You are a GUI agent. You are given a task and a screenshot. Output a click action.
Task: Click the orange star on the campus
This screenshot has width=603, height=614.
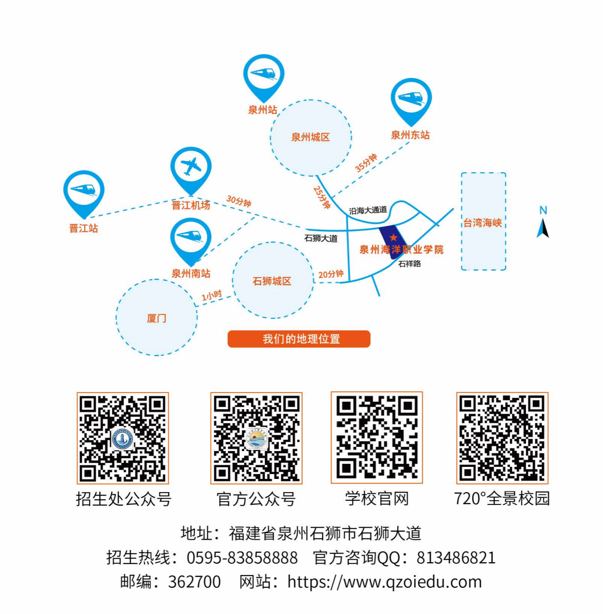(x=393, y=238)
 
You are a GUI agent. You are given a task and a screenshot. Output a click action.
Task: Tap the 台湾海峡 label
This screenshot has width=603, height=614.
(x=482, y=223)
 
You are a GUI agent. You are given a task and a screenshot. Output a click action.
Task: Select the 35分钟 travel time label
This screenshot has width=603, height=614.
(x=366, y=163)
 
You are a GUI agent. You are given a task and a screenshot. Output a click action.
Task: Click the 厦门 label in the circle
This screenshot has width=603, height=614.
(x=157, y=318)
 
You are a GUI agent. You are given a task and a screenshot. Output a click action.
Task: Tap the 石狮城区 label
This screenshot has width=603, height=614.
(x=272, y=281)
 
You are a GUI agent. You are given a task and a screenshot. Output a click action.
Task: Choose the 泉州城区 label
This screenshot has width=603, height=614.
(x=311, y=137)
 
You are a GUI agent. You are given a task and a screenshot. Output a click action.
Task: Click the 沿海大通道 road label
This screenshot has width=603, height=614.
(x=368, y=210)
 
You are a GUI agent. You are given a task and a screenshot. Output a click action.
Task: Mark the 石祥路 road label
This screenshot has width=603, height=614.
(x=410, y=264)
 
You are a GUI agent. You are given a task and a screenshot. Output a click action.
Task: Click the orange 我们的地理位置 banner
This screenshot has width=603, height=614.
(x=299, y=339)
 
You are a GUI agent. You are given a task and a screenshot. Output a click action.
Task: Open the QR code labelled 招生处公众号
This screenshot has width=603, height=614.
(x=123, y=438)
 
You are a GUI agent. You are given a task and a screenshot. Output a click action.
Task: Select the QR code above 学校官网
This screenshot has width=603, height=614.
(x=376, y=438)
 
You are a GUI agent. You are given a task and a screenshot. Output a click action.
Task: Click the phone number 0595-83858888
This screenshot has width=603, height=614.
(x=242, y=558)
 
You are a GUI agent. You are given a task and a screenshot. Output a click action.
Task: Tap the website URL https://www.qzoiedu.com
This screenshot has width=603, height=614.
(x=385, y=582)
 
